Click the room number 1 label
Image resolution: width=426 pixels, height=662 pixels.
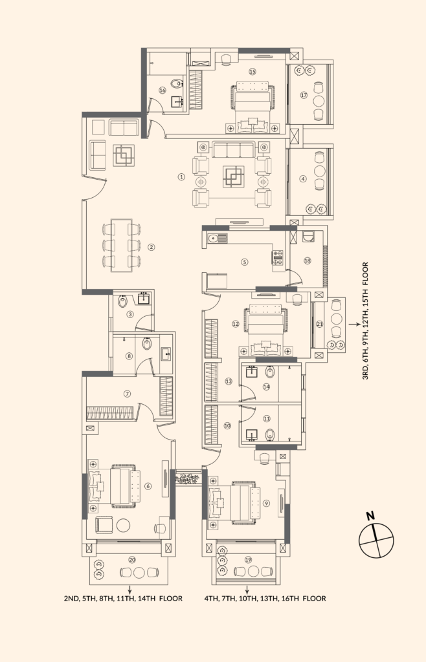coord(181,177)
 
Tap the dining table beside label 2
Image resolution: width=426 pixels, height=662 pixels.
coord(121,245)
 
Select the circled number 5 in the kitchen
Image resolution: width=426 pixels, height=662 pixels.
coord(244,262)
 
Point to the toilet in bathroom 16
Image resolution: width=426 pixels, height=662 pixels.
coord(177,83)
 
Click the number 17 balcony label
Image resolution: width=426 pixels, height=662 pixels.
coord(304,95)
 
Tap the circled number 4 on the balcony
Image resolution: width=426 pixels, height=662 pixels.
coord(302,178)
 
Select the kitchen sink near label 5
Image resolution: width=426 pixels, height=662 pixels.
coord(218,238)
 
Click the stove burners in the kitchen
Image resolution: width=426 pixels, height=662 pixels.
coord(277,257)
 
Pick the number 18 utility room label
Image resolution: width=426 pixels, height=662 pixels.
coord(308,261)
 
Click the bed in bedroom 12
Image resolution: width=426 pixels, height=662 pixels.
coord(265,325)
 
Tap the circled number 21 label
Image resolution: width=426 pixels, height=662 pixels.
coord(320,325)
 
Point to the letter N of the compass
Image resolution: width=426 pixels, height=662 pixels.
coord(370,515)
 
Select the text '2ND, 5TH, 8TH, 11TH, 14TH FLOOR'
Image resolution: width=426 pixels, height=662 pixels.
coord(123,598)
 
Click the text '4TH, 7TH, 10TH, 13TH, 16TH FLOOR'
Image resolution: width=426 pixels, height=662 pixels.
coord(265,598)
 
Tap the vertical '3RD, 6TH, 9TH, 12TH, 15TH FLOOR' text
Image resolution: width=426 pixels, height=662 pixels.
coord(365,321)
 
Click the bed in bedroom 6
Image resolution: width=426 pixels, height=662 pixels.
coord(120,486)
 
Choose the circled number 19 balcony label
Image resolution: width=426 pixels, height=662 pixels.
coord(248,559)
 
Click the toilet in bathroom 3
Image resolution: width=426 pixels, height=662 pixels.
coord(122,301)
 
